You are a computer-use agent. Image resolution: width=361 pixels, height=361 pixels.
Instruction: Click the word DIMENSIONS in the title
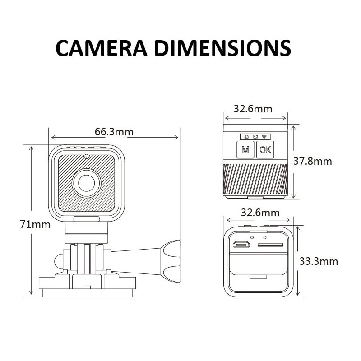click(x=222, y=48)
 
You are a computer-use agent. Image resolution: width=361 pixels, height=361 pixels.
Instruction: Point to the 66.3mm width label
click(x=114, y=132)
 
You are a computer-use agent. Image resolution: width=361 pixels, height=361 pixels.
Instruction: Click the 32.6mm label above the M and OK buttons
click(x=253, y=109)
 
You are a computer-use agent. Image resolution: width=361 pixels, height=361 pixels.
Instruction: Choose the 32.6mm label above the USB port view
click(x=260, y=212)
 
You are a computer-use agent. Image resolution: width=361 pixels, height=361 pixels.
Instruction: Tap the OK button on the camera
click(x=265, y=150)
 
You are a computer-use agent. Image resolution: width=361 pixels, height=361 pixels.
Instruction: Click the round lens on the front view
click(x=86, y=183)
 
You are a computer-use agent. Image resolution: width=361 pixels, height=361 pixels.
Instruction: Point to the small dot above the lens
click(x=86, y=156)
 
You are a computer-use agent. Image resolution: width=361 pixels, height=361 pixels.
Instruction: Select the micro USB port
click(x=242, y=245)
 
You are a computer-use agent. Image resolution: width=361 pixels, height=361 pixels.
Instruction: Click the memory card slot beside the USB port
click(x=270, y=245)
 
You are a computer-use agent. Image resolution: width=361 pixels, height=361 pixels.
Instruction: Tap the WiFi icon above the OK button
click(x=264, y=136)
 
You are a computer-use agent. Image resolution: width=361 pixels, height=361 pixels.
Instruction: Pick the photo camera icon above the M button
click(x=246, y=136)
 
